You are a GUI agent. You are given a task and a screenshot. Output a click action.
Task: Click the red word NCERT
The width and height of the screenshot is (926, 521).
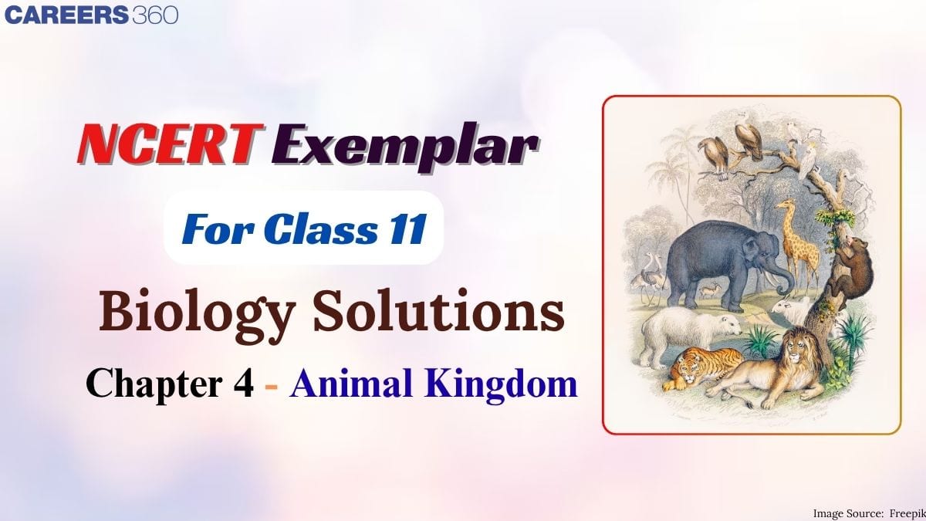coord(167,146)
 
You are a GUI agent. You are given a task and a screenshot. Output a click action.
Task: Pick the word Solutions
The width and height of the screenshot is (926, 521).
coord(449,315)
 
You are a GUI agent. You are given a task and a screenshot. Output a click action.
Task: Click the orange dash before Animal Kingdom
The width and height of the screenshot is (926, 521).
coord(272,384)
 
